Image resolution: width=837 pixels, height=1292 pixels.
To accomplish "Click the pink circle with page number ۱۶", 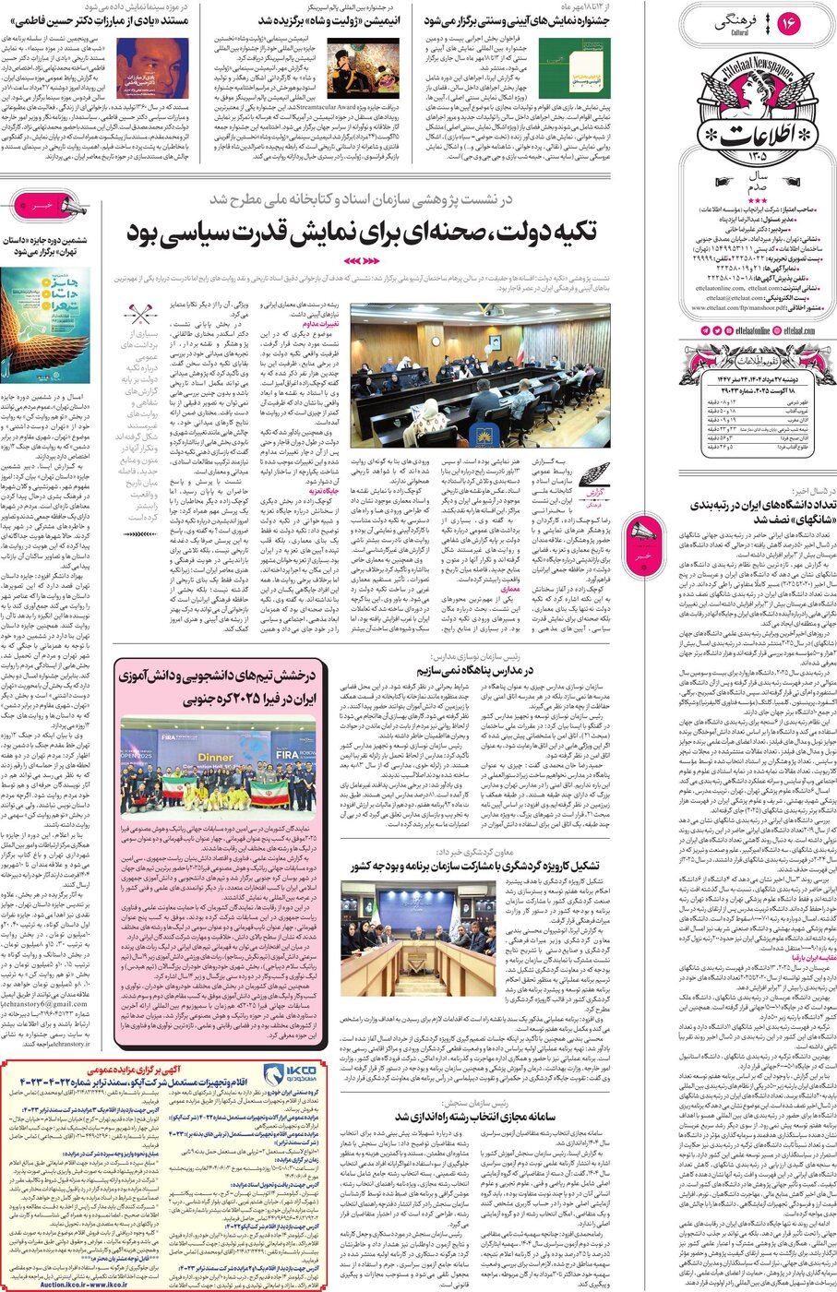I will (x=789, y=24).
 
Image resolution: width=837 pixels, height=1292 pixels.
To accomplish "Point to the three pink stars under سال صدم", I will (x=758, y=200).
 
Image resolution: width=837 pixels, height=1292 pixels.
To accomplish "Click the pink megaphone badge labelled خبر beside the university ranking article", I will (x=643, y=532).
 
